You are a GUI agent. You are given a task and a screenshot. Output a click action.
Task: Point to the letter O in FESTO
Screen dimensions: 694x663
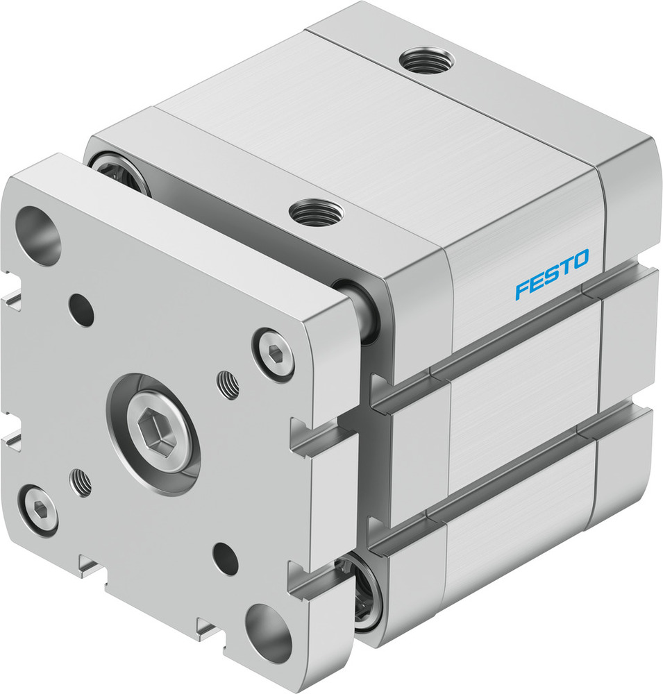pyautogui.click(x=580, y=260)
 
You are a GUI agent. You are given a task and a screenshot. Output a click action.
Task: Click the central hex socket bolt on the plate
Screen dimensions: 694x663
pyautogui.click(x=154, y=434)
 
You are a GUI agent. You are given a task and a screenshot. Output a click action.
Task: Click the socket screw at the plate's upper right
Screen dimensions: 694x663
pyautogui.click(x=274, y=355)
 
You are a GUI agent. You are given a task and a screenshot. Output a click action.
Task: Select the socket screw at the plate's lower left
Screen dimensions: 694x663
pyautogui.click(x=37, y=510)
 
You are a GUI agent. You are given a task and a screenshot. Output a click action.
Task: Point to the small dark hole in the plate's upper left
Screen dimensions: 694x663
pyautogui.click(x=82, y=310)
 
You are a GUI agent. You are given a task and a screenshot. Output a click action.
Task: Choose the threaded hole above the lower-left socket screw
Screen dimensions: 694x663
pyautogui.click(x=82, y=481)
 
